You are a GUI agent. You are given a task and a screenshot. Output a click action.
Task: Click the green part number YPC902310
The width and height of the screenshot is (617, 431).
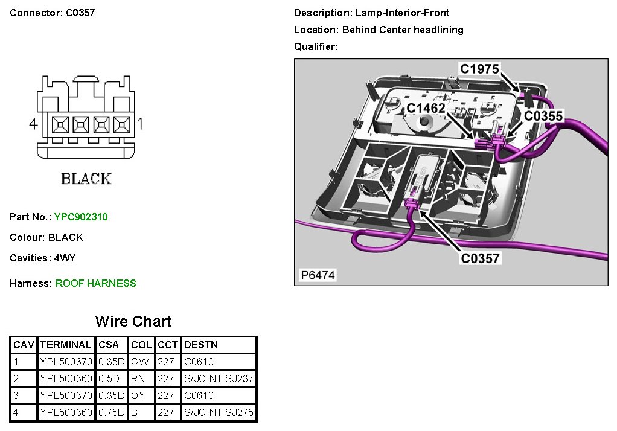(x=81, y=217)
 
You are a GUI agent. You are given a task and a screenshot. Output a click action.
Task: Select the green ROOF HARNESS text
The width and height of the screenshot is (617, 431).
(x=96, y=283)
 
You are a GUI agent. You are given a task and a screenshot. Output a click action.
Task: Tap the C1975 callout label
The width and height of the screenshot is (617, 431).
(x=479, y=69)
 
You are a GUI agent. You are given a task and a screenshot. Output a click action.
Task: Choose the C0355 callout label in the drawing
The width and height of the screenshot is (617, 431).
(x=543, y=115)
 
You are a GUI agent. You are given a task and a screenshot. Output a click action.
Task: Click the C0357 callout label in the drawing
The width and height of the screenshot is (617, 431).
(x=480, y=258)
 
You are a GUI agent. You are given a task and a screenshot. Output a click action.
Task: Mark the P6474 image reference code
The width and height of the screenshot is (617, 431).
(x=318, y=276)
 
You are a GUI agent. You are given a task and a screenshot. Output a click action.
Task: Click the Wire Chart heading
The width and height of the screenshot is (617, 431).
(x=133, y=321)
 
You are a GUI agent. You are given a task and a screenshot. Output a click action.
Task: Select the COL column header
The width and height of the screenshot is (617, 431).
(x=141, y=345)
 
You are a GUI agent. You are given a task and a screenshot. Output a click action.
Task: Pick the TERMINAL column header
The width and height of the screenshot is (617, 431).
(x=65, y=345)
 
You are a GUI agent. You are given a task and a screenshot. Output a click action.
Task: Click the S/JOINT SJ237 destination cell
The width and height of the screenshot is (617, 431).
(x=219, y=378)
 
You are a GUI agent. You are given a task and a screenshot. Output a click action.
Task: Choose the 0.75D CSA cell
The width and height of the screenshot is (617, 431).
(x=112, y=412)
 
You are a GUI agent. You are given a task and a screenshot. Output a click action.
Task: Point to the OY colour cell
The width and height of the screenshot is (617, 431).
(x=138, y=395)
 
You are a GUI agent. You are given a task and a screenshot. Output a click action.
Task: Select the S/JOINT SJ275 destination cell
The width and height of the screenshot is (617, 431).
(x=219, y=412)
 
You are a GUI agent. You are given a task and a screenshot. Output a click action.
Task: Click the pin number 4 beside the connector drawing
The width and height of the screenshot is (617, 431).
(x=34, y=124)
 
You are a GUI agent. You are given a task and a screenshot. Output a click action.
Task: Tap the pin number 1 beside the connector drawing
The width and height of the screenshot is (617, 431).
(x=140, y=124)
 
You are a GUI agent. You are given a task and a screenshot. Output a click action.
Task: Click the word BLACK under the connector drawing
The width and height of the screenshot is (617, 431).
(x=86, y=179)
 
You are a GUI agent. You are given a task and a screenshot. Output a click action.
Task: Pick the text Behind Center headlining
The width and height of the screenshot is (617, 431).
(x=403, y=30)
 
